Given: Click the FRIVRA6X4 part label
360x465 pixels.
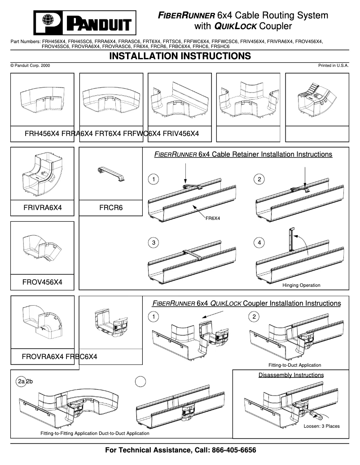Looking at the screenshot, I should [42, 208].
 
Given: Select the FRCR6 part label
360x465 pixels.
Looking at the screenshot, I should [110, 208].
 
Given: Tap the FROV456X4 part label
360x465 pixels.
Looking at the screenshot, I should [42, 282].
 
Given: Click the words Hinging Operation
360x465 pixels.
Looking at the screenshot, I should [301, 285].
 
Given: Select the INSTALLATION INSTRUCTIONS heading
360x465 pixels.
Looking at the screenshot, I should [180, 56].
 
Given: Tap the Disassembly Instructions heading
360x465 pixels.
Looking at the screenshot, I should [291, 375].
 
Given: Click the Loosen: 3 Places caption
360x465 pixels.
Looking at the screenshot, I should [321, 426].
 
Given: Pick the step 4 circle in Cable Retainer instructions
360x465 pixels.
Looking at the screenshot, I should [259, 243].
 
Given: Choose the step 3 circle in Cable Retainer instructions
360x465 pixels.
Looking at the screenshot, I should [154, 243].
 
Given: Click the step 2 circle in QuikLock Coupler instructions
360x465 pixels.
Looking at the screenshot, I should [254, 317].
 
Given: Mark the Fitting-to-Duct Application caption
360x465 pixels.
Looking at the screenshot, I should [294, 365].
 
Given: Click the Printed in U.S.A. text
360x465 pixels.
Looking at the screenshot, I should [334, 66].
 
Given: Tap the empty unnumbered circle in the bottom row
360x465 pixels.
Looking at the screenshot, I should [141, 381].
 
